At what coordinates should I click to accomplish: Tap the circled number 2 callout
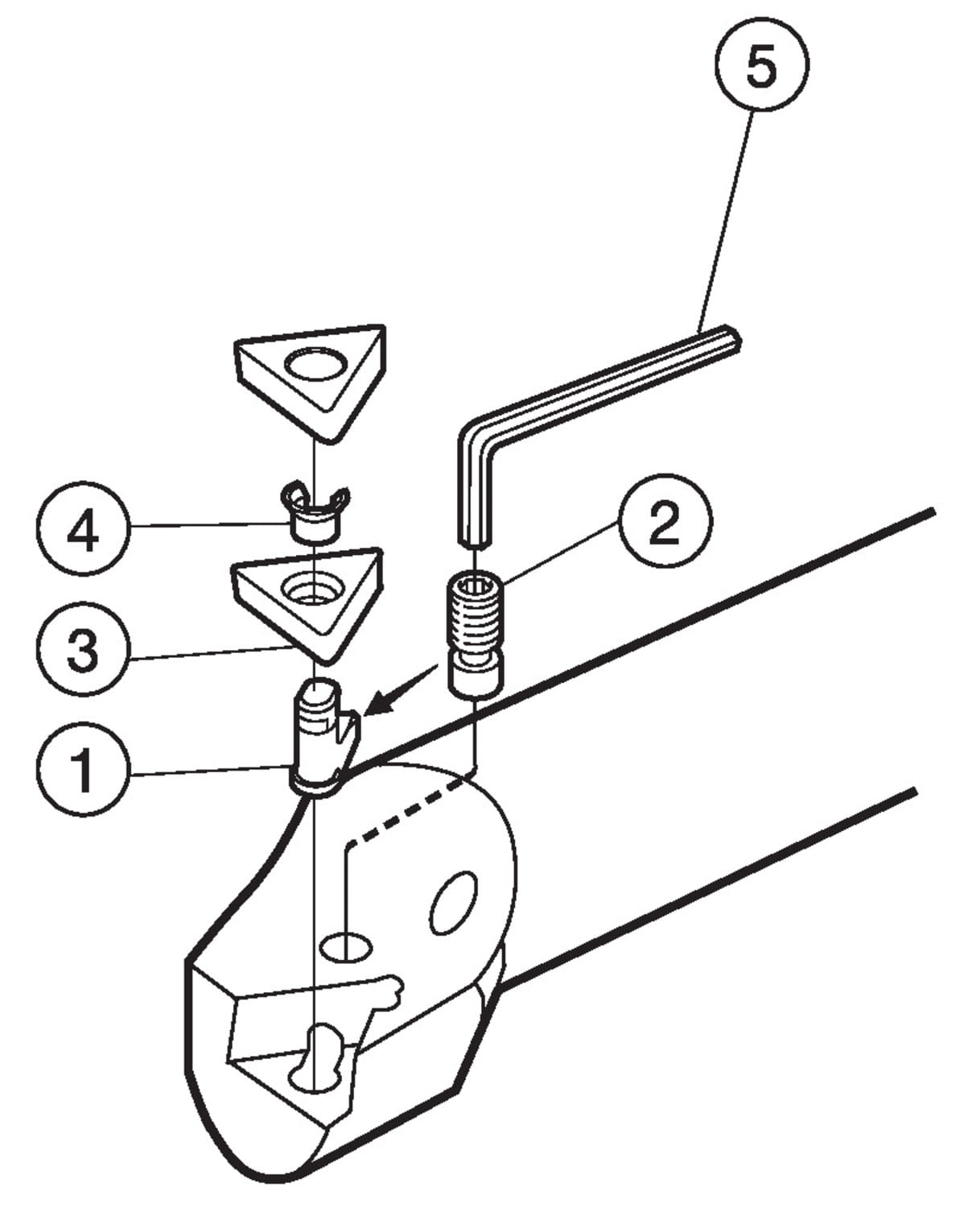coord(665,521)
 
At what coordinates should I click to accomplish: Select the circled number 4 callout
coord(83,528)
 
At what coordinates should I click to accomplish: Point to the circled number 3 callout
coord(83,649)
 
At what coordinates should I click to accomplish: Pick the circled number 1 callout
coord(83,769)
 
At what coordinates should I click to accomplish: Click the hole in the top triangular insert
coord(315,365)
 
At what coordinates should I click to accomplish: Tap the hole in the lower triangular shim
coord(313,590)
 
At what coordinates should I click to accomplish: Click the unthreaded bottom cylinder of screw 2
coord(476,679)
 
